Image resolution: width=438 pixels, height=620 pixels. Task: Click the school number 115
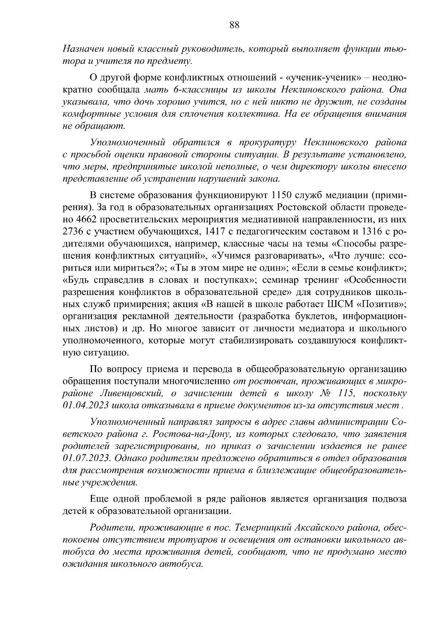[x=346, y=393]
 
